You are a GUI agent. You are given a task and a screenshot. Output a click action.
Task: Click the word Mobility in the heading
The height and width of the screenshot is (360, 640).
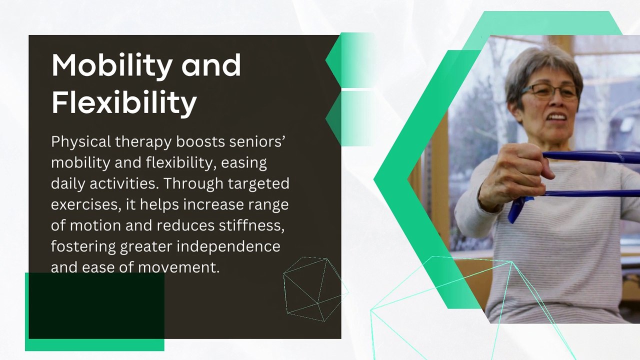point(112,65)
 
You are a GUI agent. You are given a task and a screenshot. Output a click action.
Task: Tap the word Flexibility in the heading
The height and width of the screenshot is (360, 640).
point(124,103)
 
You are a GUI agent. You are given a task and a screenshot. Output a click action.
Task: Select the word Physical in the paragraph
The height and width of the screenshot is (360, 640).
point(80,142)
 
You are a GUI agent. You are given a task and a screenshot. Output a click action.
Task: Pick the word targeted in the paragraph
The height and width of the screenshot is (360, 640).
point(258,183)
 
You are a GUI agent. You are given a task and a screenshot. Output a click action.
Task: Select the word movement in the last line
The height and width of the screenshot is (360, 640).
point(179,267)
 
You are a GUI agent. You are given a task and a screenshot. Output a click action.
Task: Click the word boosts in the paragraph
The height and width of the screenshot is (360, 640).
point(200,142)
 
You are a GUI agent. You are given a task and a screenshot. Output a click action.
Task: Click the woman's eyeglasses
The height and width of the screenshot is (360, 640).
point(549,91)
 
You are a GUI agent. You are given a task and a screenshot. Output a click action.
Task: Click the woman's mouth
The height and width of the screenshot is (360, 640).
point(556,117)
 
